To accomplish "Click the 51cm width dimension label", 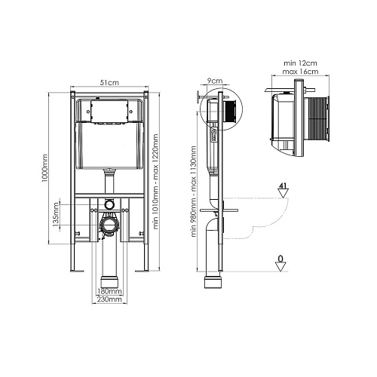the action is (109, 82).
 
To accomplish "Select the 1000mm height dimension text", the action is (44, 169).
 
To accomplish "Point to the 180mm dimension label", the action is (109, 291).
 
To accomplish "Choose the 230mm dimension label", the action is (109, 299).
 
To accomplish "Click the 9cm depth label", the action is (215, 81).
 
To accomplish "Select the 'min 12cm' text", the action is (300, 63).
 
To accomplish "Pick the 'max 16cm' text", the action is (300, 72).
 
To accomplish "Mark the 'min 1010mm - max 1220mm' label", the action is (156, 182).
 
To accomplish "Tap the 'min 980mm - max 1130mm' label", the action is (194, 192).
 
